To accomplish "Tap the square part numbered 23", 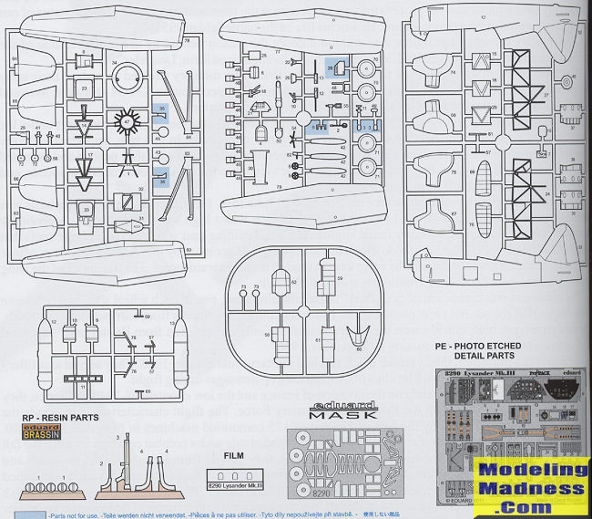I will pos(84,88).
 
